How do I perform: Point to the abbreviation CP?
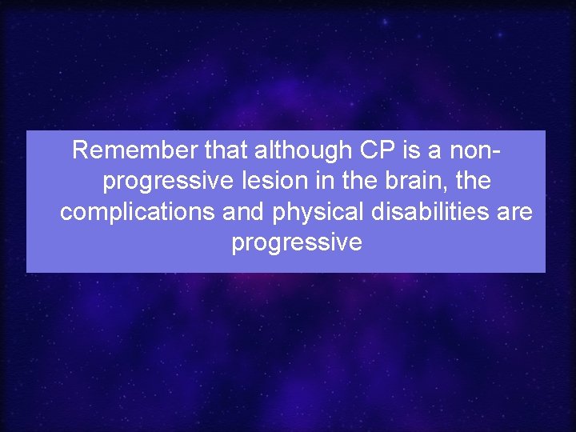point(366,150)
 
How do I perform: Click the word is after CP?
point(403,150)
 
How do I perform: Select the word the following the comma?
point(473,182)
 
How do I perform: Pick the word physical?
point(316,213)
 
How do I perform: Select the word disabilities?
point(428,212)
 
